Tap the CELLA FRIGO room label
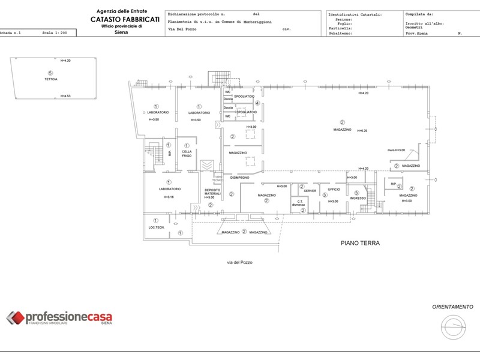187,154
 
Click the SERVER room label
310,191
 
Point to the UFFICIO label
334,189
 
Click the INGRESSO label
358,198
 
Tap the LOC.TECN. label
156,227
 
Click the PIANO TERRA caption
361,243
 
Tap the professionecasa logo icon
15,318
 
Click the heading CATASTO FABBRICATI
125,19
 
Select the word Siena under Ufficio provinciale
122,33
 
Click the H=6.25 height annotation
362,131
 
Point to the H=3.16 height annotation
167,197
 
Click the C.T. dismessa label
298,203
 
